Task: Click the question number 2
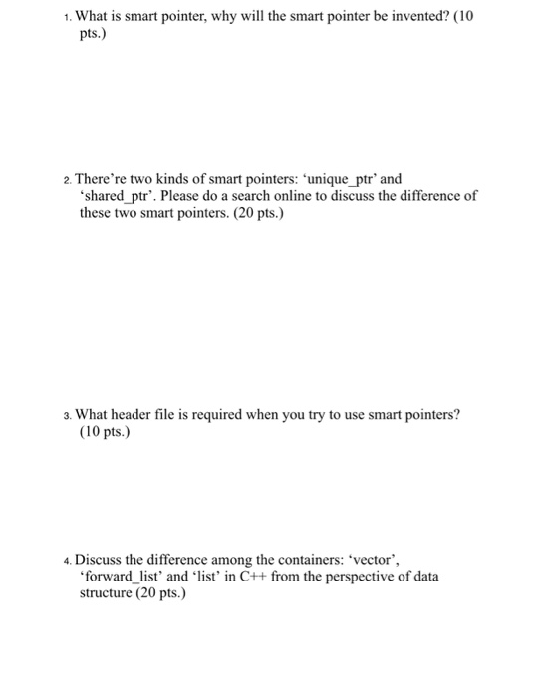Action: tap(66, 181)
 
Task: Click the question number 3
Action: tap(66, 415)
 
